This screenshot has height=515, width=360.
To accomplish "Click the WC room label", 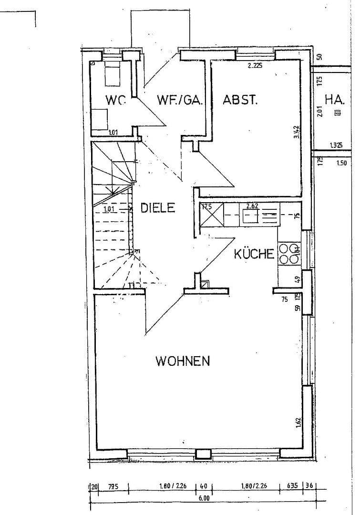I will point(116,100).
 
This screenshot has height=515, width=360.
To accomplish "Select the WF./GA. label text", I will point(180,100).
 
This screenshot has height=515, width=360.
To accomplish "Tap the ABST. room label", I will point(240,100).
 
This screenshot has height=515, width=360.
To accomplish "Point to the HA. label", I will point(335,100).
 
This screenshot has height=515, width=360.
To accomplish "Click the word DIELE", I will point(158,208).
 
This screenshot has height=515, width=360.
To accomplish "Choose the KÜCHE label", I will point(254,254).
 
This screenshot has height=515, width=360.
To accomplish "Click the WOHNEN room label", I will point(183,361).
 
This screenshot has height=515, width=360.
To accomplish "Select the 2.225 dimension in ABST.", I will point(255,66).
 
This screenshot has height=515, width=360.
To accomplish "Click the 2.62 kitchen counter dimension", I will point(252,206).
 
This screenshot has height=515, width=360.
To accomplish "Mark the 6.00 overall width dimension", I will point(204,499).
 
